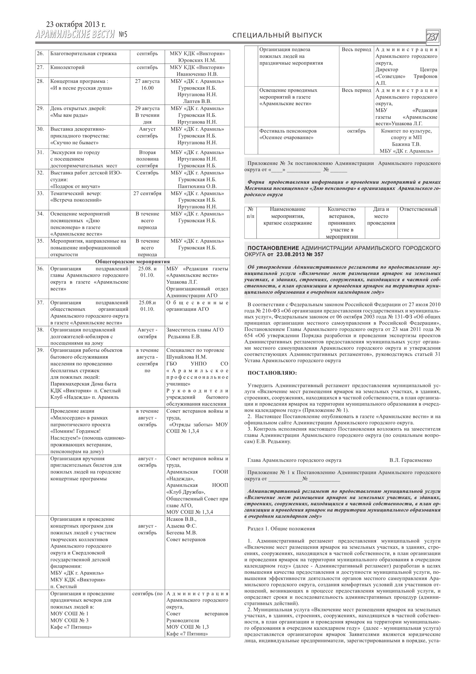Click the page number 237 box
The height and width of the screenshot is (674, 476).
[x=433, y=37]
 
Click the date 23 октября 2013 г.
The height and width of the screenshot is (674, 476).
[x=76, y=24]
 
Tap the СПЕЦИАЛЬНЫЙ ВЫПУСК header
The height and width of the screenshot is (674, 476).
[x=277, y=35]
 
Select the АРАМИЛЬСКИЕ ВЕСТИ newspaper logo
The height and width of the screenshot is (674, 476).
[x=75, y=34]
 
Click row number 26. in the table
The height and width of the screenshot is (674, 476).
[x=40, y=54]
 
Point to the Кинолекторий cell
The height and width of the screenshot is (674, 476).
[x=68, y=67]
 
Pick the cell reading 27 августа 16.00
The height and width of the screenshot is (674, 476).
[x=147, y=84]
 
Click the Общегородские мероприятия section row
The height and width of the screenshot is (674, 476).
[x=132, y=261]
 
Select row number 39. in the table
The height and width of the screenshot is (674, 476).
[x=40, y=350]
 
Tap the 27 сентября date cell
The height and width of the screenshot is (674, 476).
[x=147, y=193]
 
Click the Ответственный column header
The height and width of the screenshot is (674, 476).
[x=418, y=209]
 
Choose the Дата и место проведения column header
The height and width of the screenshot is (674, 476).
[x=381, y=216]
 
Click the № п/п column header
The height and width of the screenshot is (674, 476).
[x=250, y=213]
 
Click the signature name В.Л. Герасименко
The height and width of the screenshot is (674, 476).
[x=410, y=460]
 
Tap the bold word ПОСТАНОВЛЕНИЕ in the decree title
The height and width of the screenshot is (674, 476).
[x=273, y=248]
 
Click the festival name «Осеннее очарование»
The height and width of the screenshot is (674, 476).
[x=286, y=138]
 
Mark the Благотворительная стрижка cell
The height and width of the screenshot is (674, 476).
[x=83, y=54]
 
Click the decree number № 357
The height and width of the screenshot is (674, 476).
[x=315, y=255]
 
